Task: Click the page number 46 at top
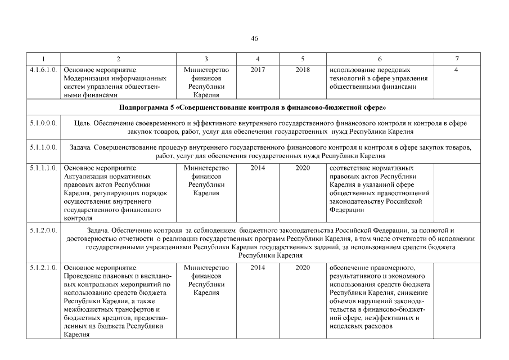point(254,38)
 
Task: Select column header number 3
point(206,59)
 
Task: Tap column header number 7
point(457,59)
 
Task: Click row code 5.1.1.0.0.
point(43,147)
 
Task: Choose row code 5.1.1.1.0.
point(43,168)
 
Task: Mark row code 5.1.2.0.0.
point(43,231)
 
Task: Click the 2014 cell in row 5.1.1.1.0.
point(258,168)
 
